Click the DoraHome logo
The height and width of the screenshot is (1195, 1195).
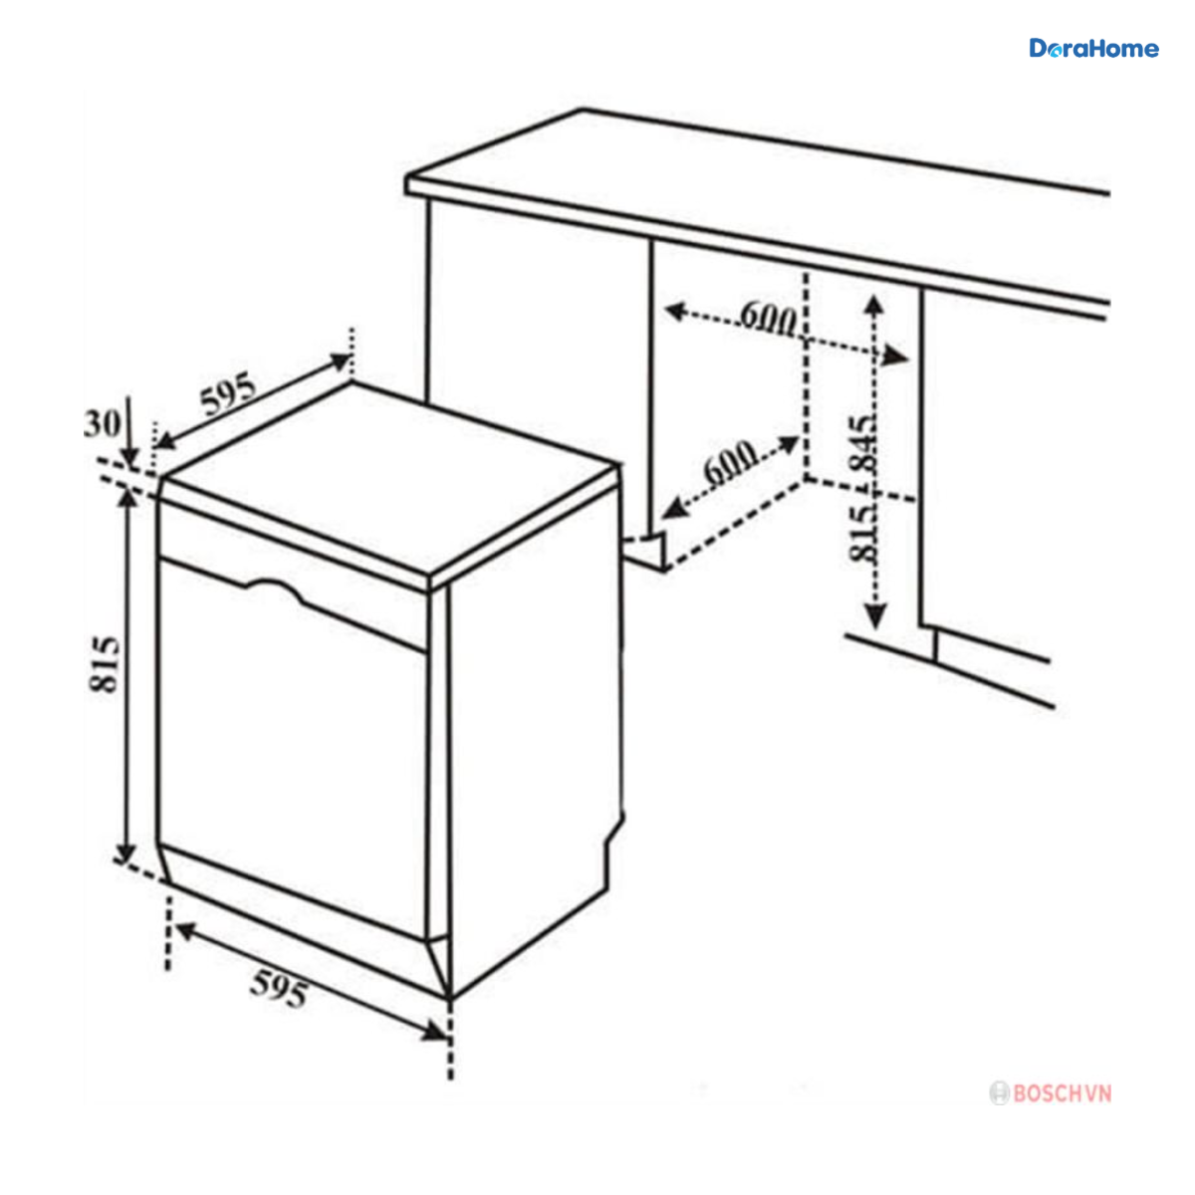click(1093, 49)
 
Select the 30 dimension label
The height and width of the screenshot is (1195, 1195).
click(102, 424)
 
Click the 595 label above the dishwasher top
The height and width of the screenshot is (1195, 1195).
click(228, 393)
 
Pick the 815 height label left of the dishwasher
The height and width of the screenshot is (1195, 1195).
click(104, 665)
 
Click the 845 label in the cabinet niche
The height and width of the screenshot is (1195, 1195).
click(862, 443)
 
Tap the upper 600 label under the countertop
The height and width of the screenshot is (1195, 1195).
click(768, 318)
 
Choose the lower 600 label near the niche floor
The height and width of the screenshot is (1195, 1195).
click(730, 463)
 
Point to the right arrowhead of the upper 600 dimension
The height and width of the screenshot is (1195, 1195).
click(896, 356)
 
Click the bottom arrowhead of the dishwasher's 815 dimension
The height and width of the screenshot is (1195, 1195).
click(125, 853)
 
